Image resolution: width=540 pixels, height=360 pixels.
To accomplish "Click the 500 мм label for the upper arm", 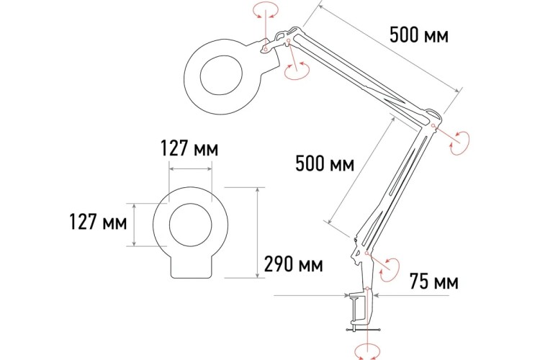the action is pyautogui.click(x=419, y=35).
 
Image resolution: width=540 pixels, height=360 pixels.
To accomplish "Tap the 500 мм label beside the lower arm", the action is pyautogui.click(x=325, y=163).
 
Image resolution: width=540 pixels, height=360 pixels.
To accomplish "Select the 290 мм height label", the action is pyautogui.click(x=294, y=264).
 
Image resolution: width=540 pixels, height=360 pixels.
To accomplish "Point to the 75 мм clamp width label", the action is pyautogui.click(x=434, y=282).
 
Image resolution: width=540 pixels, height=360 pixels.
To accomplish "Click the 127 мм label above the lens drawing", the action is pyautogui.click(x=189, y=148).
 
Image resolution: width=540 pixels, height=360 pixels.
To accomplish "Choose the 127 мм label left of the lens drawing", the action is pyautogui.click(x=98, y=222).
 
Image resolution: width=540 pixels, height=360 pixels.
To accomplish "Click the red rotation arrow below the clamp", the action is pyautogui.click(x=368, y=352).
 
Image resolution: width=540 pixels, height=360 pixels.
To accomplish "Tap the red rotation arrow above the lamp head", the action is pyautogui.click(x=266, y=10).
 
